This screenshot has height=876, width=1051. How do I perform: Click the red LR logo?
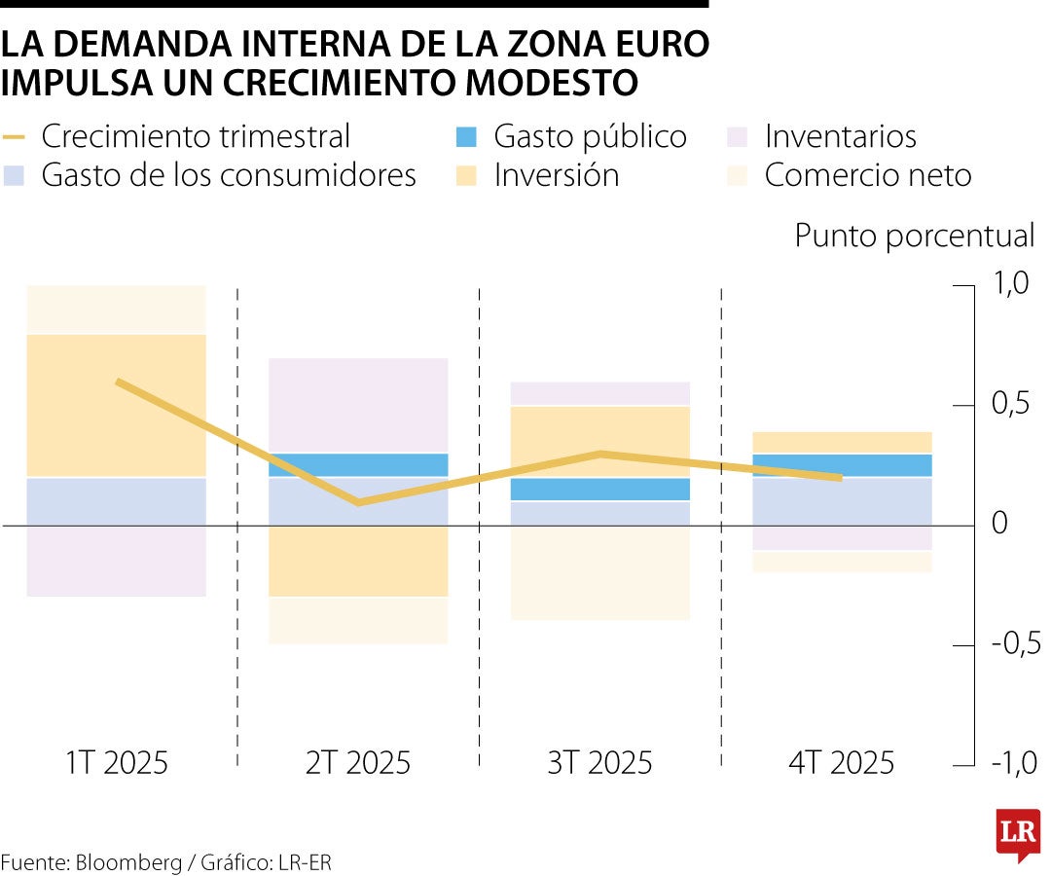pyautogui.click(x=1017, y=833)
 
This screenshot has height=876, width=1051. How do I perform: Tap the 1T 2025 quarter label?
pyautogui.click(x=117, y=762)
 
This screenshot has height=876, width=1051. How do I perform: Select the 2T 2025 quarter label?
pyautogui.click(x=358, y=762)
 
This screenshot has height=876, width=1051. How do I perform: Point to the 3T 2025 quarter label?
pyautogui.click(x=599, y=762)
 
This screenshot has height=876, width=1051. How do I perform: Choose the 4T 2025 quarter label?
pyautogui.click(x=841, y=762)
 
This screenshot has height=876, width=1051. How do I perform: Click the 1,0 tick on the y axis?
pyautogui.click(x=1009, y=284)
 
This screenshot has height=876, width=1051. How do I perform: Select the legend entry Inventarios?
pyautogui.click(x=840, y=136)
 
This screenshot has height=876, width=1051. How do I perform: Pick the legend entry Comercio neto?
pyautogui.click(x=867, y=175)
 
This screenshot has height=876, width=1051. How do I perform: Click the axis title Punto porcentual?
pyautogui.click(x=915, y=236)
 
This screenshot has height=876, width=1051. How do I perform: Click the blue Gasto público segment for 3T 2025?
pyautogui.click(x=599, y=489)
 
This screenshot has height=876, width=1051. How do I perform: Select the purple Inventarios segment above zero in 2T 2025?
pyautogui.click(x=358, y=405)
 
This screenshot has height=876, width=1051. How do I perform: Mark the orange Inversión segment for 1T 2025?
pyautogui.click(x=117, y=405)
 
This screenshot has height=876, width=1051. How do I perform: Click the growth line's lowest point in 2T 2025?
pyautogui.click(x=358, y=502)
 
